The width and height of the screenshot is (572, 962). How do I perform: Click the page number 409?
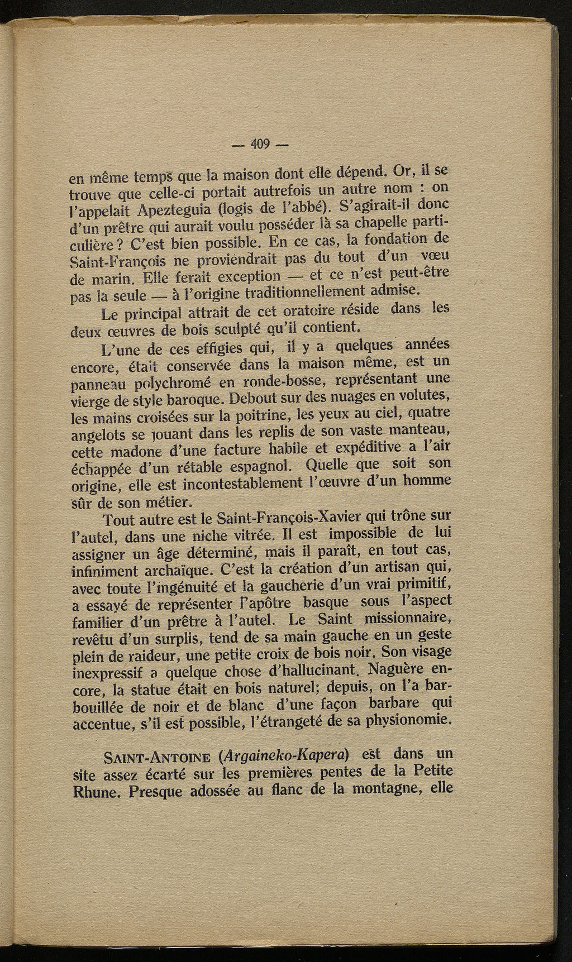pos(260,144)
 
